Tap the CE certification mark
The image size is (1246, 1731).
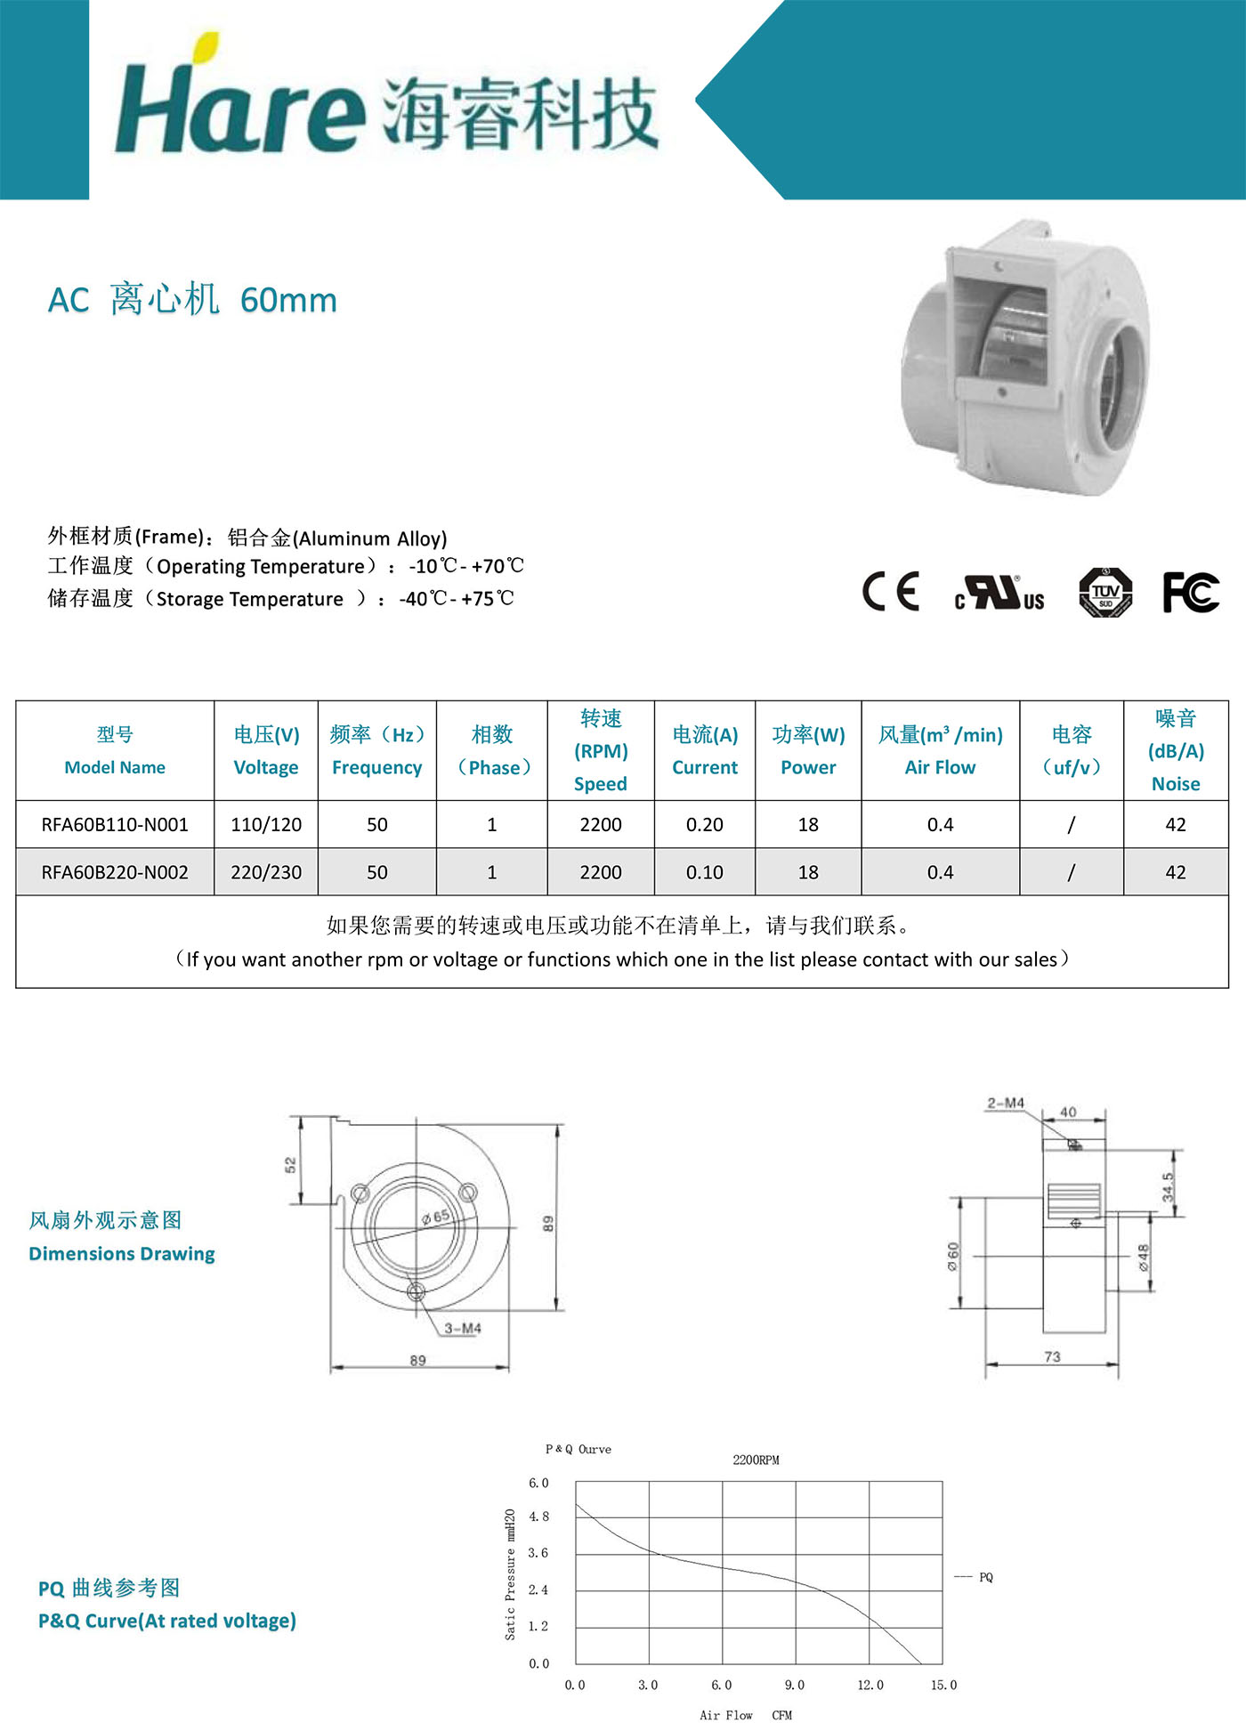[x=890, y=592]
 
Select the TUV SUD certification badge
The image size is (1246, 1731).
[x=1105, y=592]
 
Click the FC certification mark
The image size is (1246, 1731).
[x=1190, y=592]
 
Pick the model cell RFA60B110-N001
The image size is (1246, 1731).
[x=115, y=825]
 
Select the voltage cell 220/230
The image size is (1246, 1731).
[x=266, y=873]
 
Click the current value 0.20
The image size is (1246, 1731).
[x=704, y=825]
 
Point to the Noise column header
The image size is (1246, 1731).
[x=1176, y=751]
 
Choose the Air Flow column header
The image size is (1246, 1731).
[x=940, y=751]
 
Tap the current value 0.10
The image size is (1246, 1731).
[x=704, y=873]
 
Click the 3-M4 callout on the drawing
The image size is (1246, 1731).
[x=463, y=1329]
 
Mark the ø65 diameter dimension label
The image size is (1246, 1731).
[x=436, y=1217]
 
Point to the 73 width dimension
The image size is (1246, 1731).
[x=1052, y=1357]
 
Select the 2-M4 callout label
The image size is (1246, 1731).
[x=1006, y=1104]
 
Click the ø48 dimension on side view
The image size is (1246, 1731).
[x=1144, y=1257]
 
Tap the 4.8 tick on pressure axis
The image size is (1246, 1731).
[x=539, y=1517]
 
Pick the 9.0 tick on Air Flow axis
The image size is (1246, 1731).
[x=795, y=1686]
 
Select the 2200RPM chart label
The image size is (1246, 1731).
[x=756, y=1460]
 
